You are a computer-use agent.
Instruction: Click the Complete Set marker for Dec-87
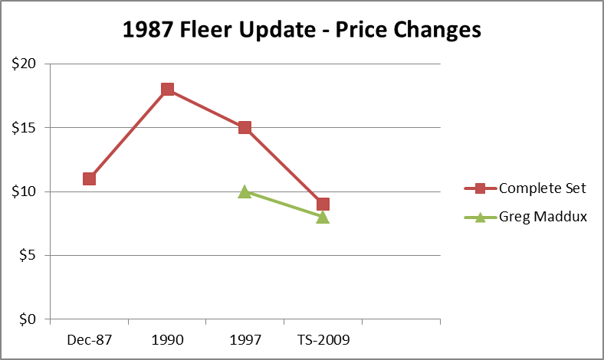89,178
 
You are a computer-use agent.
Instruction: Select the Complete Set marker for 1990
167,90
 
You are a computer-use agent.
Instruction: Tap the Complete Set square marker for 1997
245,127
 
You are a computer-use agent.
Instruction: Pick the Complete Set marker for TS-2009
323,204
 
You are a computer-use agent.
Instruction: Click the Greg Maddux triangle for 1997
245,191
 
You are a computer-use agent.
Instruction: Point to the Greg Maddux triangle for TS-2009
323,217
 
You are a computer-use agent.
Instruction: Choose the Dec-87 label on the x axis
89,339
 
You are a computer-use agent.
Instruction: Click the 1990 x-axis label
167,339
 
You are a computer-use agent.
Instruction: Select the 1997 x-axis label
245,339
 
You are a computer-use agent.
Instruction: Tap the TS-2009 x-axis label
323,339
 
